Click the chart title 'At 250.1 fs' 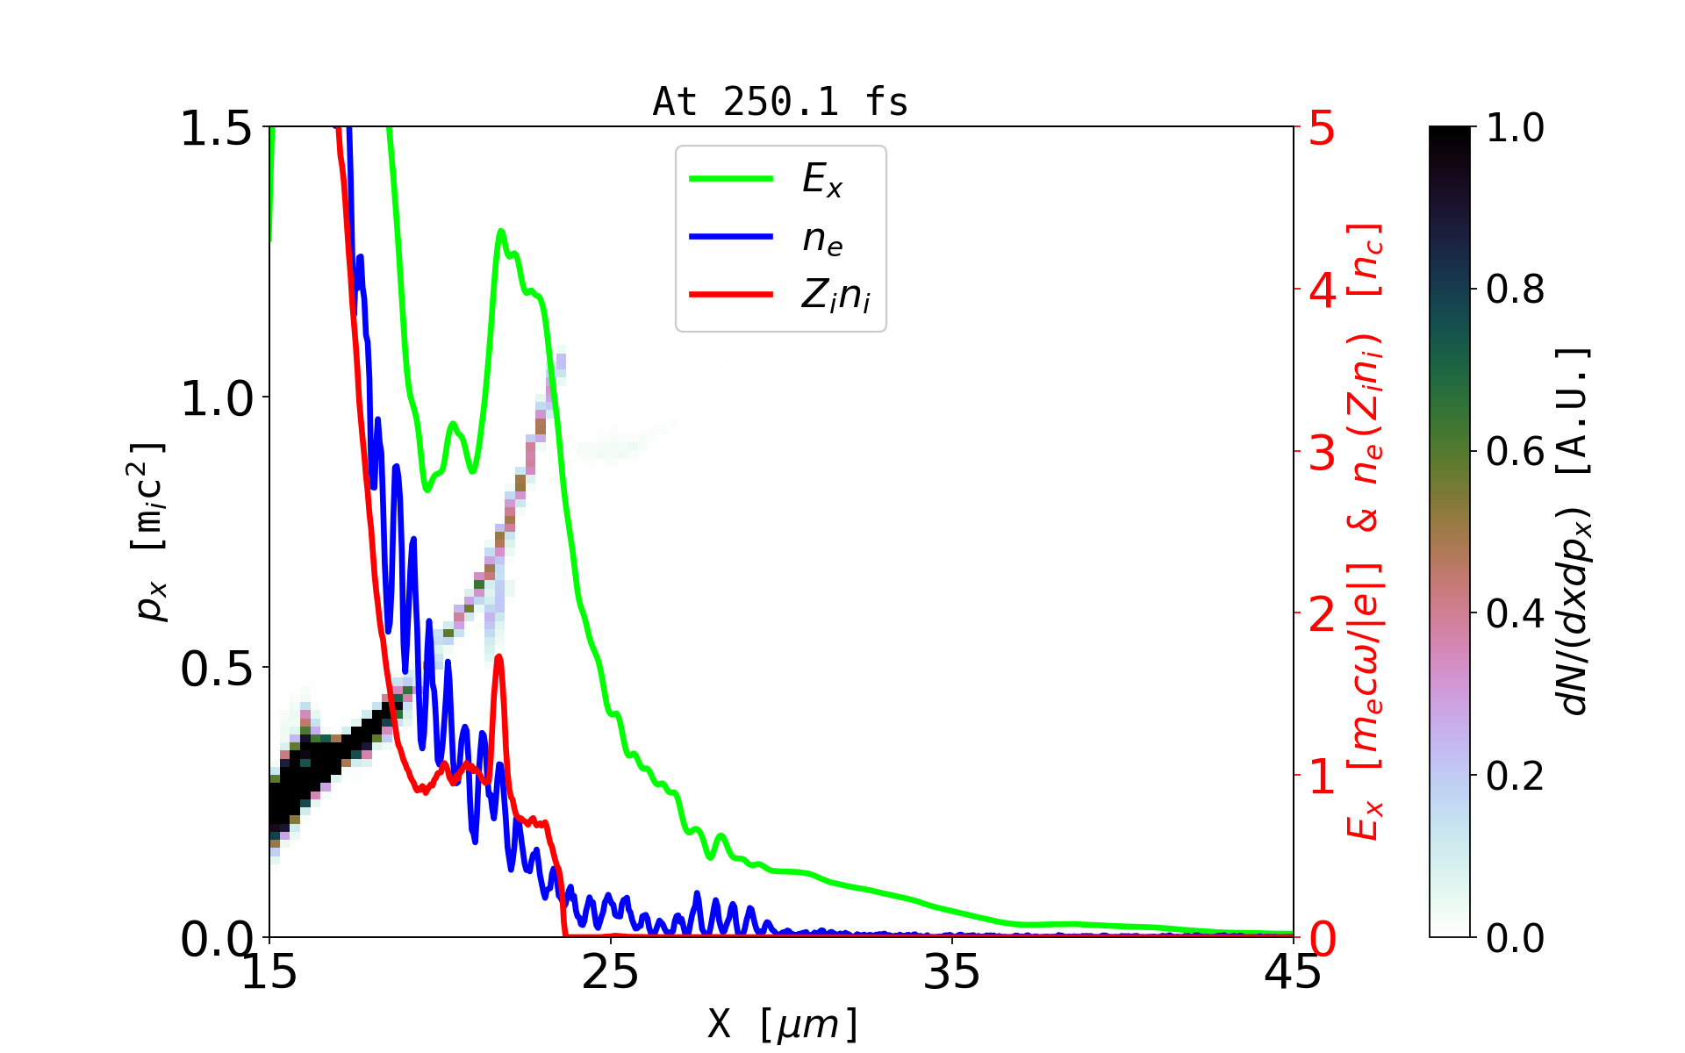pos(780,103)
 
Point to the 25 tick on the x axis pos(611,972)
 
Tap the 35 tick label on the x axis pos(952,972)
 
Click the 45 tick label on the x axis pos(1293,972)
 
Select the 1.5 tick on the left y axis pos(216,128)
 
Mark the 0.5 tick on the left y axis pos(216,670)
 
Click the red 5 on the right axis pos(1322,129)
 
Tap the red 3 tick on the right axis pos(1322,453)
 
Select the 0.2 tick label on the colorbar pos(1515,776)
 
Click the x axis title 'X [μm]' pos(783,1023)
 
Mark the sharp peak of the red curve pos(498,656)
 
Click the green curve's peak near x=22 pos(501,231)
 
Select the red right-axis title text pos(1365,532)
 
